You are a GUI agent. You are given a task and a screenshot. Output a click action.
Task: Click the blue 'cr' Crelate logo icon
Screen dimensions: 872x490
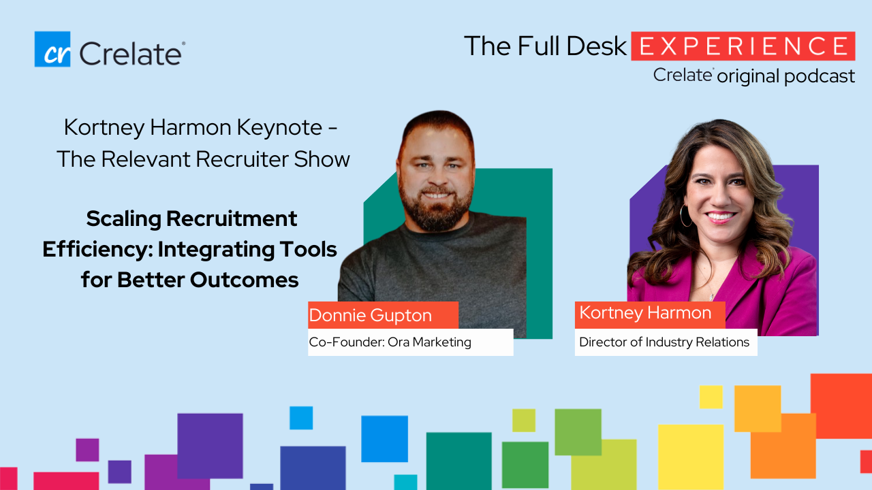coord(52,49)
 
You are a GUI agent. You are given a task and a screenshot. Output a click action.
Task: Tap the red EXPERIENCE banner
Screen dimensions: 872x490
coord(743,46)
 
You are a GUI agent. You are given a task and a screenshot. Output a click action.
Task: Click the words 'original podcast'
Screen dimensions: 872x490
coord(785,76)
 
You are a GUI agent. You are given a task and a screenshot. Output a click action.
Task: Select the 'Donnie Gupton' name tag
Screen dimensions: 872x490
coord(383,315)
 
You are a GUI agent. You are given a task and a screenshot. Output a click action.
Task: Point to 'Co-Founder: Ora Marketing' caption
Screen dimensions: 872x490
coord(410,342)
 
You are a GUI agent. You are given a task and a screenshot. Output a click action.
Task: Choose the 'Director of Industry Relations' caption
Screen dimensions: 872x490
coord(666,342)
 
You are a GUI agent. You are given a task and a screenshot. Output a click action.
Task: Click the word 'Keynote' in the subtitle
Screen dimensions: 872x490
coord(279,127)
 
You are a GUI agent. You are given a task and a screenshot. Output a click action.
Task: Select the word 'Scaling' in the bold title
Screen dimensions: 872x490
coord(123,219)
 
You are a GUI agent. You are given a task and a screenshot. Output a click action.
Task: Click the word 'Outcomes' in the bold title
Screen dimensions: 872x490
coord(244,280)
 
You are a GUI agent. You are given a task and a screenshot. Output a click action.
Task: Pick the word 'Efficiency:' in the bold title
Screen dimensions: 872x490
coord(97,250)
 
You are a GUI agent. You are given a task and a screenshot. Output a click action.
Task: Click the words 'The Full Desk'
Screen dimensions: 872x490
coord(545,46)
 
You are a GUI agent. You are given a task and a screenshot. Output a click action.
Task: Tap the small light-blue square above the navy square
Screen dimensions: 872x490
coord(301,418)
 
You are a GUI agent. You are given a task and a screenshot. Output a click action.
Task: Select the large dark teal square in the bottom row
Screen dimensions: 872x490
coord(458,461)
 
